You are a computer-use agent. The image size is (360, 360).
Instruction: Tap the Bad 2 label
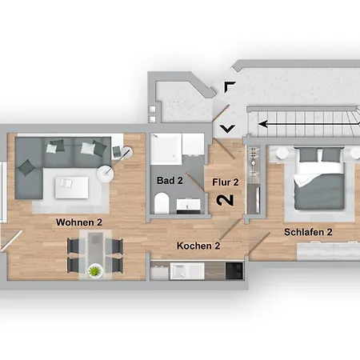point(170,181)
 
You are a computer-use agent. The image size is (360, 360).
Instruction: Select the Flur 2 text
point(224,182)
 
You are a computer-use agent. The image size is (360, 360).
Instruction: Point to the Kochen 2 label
point(198,246)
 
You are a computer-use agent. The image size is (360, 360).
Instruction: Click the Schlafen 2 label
point(308,233)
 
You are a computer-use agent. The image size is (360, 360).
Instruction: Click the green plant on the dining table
point(94,270)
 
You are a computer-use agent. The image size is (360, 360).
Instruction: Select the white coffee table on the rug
point(71,186)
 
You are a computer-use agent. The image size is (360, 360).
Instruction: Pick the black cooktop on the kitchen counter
point(234,270)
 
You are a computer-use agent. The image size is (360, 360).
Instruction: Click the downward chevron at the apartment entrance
point(227,126)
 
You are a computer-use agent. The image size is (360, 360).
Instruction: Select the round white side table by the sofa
point(106,172)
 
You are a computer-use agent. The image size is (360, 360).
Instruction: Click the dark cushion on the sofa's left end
point(28,166)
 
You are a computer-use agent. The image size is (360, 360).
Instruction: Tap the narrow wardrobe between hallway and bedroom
point(253,181)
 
